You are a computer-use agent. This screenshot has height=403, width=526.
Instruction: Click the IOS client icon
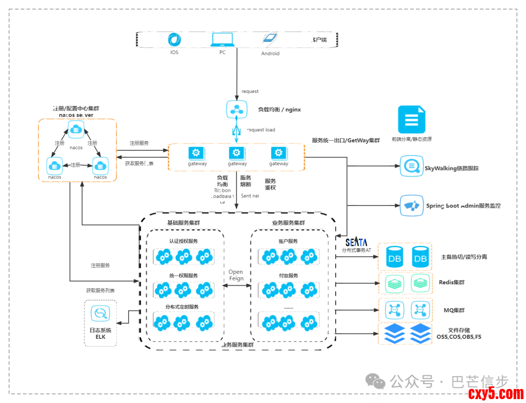pyautogui.click(x=174, y=40)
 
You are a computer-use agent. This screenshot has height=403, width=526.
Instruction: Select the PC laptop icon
pyautogui.click(x=222, y=39)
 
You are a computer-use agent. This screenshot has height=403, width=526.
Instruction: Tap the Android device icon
pyautogui.click(x=270, y=40)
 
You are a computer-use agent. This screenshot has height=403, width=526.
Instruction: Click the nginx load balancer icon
pyautogui.click(x=237, y=109)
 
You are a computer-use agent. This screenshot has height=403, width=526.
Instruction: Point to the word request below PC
pyautogui.click(x=250, y=92)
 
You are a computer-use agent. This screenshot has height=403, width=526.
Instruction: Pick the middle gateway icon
pyautogui.click(x=237, y=153)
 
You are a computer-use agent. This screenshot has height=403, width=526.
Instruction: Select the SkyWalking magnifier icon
pyautogui.click(x=411, y=166)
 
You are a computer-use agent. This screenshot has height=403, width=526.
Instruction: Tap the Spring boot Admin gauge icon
pyautogui.click(x=411, y=205)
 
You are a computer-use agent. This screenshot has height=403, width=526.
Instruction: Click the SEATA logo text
pyautogui.click(x=356, y=242)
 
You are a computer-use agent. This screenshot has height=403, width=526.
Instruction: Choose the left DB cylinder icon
pyautogui.click(x=395, y=257)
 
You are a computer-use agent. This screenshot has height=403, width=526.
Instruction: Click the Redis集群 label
pyautogui.click(x=451, y=282)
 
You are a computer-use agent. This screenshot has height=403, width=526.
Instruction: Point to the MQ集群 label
pyautogui.click(x=454, y=310)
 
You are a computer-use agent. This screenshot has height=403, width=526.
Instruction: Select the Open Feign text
pyautogui.click(x=236, y=275)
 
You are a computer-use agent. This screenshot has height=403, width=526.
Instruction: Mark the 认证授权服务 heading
pyautogui.click(x=183, y=241)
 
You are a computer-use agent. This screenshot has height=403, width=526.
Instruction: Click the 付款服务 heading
pyautogui.click(x=288, y=275)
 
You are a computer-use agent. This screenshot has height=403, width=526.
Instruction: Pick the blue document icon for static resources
pyautogui.click(x=412, y=120)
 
